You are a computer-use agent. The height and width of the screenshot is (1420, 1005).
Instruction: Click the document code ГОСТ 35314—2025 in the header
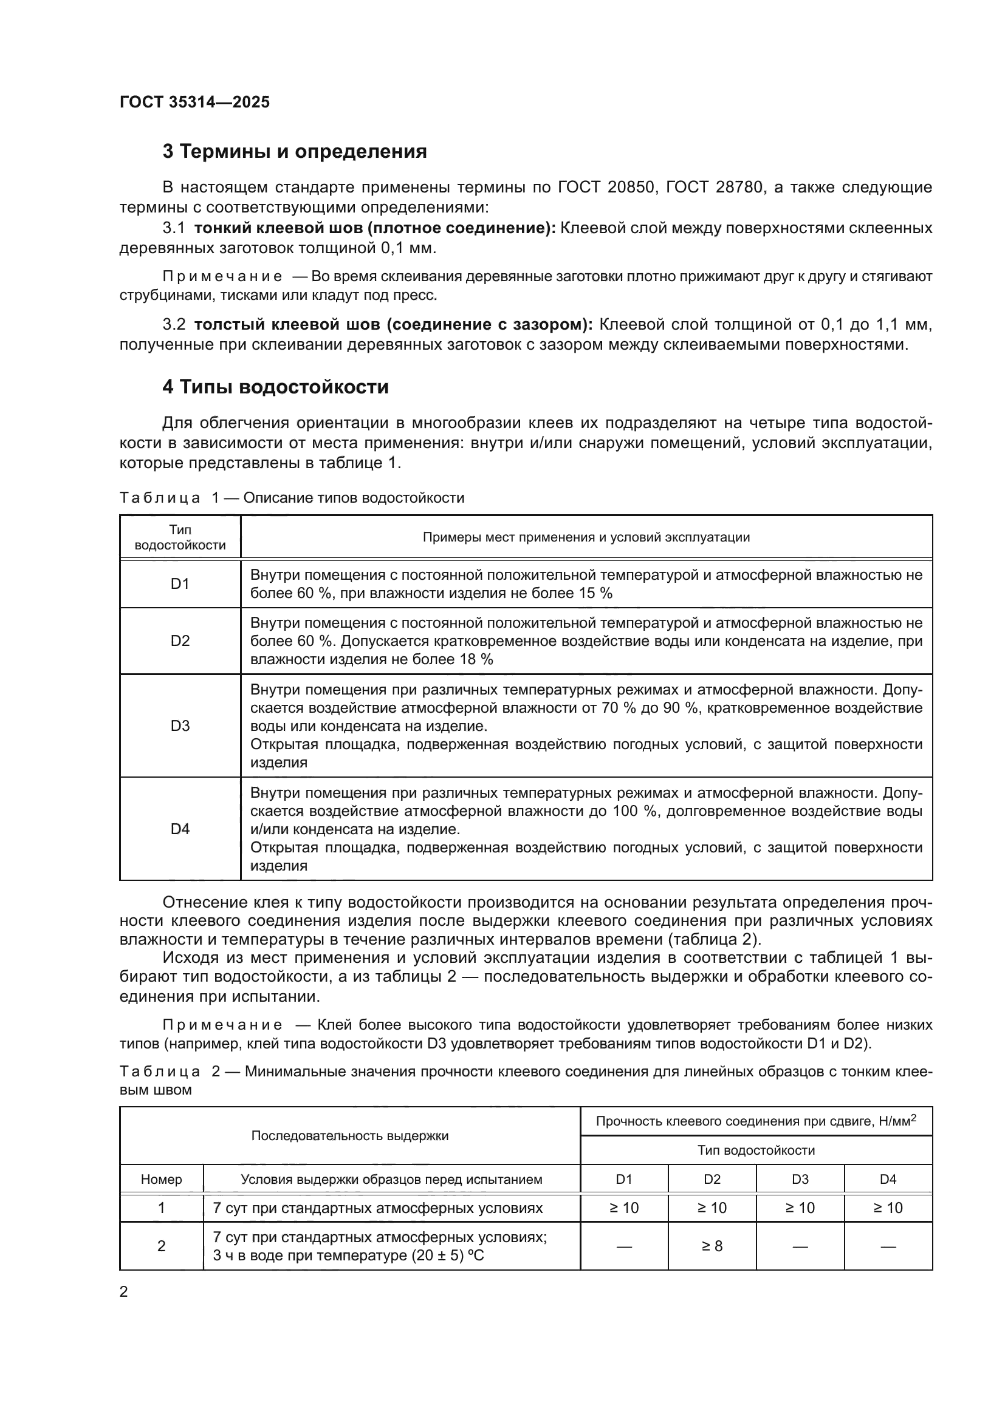(194, 102)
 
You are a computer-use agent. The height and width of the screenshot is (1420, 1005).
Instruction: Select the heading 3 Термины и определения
(295, 152)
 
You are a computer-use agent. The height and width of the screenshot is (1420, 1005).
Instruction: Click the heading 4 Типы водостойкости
(275, 387)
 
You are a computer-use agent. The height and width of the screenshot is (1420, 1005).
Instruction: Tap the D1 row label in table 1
(180, 583)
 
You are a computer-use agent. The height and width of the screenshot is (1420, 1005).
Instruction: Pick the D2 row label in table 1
(180, 640)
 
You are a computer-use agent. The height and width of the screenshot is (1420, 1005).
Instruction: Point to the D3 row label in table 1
(180, 725)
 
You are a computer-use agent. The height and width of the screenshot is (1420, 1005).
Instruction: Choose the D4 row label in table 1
(180, 829)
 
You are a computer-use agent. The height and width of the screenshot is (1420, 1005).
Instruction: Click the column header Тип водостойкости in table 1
(180, 537)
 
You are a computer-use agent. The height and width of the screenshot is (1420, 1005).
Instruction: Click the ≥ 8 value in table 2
(712, 1246)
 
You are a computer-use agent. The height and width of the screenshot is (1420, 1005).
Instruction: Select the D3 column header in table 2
(800, 1180)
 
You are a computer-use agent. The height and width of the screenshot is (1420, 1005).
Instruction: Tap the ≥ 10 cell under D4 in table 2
(888, 1208)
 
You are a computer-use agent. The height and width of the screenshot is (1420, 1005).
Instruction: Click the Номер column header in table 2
(162, 1180)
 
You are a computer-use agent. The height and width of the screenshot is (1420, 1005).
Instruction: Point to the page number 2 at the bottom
(124, 1292)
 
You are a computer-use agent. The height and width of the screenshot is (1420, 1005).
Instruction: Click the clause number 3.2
(174, 325)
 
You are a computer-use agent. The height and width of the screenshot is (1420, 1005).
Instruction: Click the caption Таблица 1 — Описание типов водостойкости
(292, 498)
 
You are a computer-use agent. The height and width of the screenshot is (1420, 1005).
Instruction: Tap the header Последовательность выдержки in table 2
(349, 1136)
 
